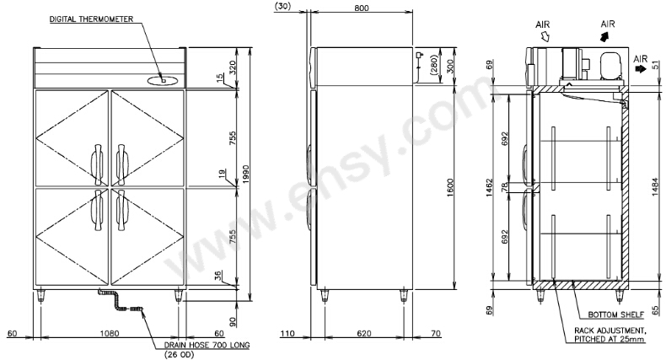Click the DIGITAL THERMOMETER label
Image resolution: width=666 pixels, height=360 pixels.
coord(91,19)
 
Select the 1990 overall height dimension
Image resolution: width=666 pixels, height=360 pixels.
coord(246,175)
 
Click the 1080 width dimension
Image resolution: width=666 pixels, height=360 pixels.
coord(109,334)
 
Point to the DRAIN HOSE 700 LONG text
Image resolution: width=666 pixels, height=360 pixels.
coord(207,345)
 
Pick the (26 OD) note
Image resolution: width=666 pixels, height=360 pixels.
coord(179,354)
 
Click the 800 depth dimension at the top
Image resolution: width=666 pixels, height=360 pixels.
coord(362,8)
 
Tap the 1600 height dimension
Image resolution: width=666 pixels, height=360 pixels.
coord(451,187)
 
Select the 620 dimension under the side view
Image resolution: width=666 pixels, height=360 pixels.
coord(363,334)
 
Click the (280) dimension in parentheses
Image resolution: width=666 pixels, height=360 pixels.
coord(433,66)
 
